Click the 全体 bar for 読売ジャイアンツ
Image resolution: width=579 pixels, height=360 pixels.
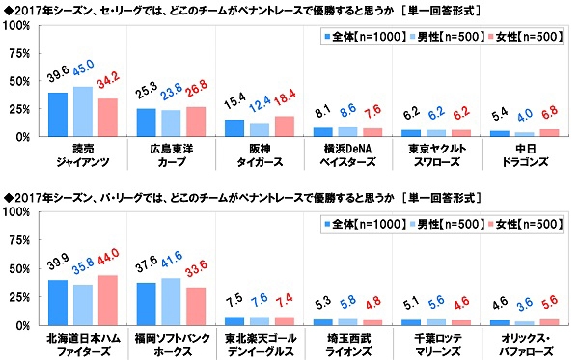tap(58, 115)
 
